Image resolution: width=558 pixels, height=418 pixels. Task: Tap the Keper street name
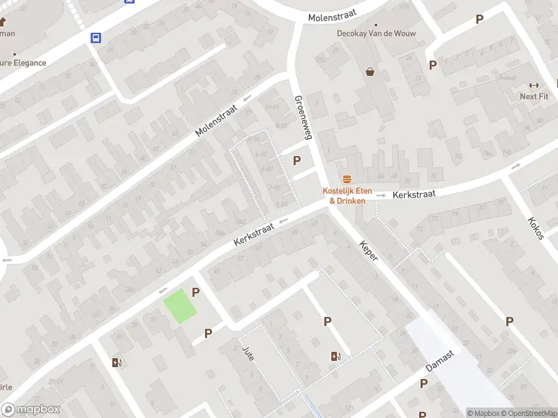pyautogui.click(x=368, y=251)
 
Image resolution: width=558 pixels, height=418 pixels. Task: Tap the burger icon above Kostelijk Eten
pyautogui.click(x=347, y=179)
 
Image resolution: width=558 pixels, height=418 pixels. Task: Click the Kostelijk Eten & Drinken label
pyautogui.click(x=347, y=196)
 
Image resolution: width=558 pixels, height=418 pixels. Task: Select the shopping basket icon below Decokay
pyautogui.click(x=370, y=71)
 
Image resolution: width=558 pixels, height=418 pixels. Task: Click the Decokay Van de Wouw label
pyautogui.click(x=366, y=33)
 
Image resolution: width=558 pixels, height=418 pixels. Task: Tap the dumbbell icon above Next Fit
pyautogui.click(x=534, y=85)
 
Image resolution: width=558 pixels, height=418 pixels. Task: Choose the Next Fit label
pyautogui.click(x=534, y=96)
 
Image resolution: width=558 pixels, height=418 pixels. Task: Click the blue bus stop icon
pyautogui.click(x=95, y=38)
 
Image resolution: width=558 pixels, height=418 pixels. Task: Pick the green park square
pyautogui.click(x=180, y=306)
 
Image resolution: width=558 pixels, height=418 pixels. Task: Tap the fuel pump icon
pyautogui.click(x=116, y=362)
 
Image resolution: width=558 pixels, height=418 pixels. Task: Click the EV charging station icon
pyautogui.click(x=336, y=357)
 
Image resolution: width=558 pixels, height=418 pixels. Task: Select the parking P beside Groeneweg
pyautogui.click(x=297, y=160)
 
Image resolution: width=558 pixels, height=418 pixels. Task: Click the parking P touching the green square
pyautogui.click(x=196, y=293)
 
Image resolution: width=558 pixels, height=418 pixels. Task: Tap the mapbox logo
pyautogui.click(x=31, y=410)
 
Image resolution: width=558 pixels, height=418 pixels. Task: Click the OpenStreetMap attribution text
pyautogui.click(x=528, y=413)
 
